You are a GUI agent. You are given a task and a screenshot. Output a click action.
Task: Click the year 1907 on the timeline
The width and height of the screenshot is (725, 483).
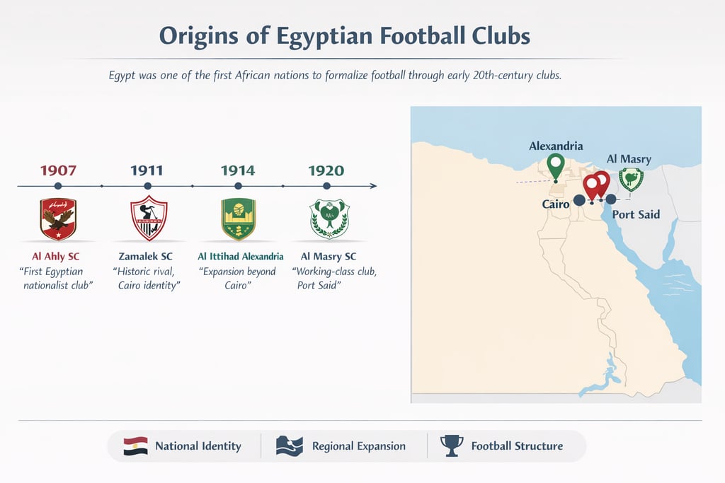coord(58,170)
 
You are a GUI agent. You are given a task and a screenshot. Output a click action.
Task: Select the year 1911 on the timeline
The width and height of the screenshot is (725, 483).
coord(147,170)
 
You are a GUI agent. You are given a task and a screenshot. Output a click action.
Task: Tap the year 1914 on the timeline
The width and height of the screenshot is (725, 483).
coord(238,170)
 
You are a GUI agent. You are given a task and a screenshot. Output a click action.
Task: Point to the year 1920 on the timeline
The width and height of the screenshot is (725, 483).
coord(326,170)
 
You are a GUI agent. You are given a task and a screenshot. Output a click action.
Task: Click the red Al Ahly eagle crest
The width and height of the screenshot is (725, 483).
coord(58,219)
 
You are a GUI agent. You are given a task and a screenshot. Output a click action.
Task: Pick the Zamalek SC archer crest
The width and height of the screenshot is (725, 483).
coord(148,219)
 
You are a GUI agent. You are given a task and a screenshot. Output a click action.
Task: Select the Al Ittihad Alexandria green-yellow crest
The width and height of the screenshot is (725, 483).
coord(239,219)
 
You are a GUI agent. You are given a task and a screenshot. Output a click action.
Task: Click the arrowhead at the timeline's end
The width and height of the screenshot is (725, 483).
coord(373,186)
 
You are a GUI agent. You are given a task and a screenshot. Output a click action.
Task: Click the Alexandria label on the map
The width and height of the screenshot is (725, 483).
coord(556,146)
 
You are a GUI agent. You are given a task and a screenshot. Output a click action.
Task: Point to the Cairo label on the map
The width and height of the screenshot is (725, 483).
coord(556,204)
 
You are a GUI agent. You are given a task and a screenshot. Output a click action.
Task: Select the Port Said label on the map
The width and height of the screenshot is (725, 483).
coord(636,214)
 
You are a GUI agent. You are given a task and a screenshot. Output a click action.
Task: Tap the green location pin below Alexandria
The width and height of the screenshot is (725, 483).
coord(556,166)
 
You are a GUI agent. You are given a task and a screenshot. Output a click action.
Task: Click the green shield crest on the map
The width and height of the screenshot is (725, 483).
coord(631,179)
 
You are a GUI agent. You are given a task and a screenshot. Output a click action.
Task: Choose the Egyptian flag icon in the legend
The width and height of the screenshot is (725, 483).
coord(135,446)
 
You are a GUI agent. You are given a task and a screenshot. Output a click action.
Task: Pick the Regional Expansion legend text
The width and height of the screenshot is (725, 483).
coord(358,446)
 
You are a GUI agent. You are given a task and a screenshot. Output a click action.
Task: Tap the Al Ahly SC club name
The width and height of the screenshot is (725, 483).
coord(56,256)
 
